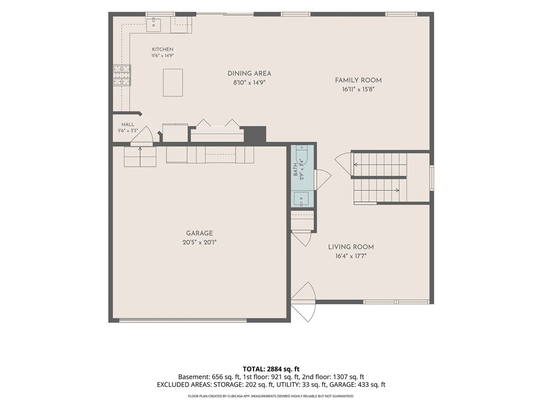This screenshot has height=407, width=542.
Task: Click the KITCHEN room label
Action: [x=162, y=49]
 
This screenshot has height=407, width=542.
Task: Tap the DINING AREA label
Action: [x=249, y=73]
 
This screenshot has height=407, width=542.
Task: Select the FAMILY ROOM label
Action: [x=358, y=81]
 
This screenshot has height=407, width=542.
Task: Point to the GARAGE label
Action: [x=200, y=233]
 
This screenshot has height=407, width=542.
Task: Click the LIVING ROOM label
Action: [x=351, y=247]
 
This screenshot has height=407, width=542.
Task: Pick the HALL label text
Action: [x=128, y=125]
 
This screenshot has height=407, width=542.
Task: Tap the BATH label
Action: [x=295, y=170]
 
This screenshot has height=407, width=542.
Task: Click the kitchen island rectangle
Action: [x=173, y=82]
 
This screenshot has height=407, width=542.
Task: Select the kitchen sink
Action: [x=153, y=24]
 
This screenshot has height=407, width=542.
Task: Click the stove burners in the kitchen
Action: [x=122, y=75]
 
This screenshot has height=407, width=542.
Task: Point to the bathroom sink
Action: [x=302, y=199]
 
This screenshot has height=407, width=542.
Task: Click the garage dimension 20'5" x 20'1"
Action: [x=200, y=243]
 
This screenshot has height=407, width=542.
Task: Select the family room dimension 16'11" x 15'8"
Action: [x=358, y=89]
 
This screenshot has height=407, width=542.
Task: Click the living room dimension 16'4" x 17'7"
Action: [x=351, y=256]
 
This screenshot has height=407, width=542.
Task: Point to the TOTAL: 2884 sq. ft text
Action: [x=271, y=369]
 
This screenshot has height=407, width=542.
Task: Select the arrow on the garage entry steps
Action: [x=140, y=156]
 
